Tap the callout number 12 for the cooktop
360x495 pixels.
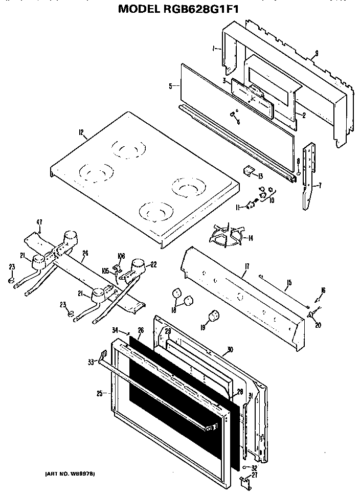81,133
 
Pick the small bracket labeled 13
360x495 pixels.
249,173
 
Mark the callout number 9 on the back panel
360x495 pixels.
317,53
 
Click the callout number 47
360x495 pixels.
39,222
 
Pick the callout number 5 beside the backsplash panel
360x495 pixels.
170,86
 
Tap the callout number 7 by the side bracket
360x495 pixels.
320,185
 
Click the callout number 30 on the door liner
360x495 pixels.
230,350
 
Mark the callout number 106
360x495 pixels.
121,256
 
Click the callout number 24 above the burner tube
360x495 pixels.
85,253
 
